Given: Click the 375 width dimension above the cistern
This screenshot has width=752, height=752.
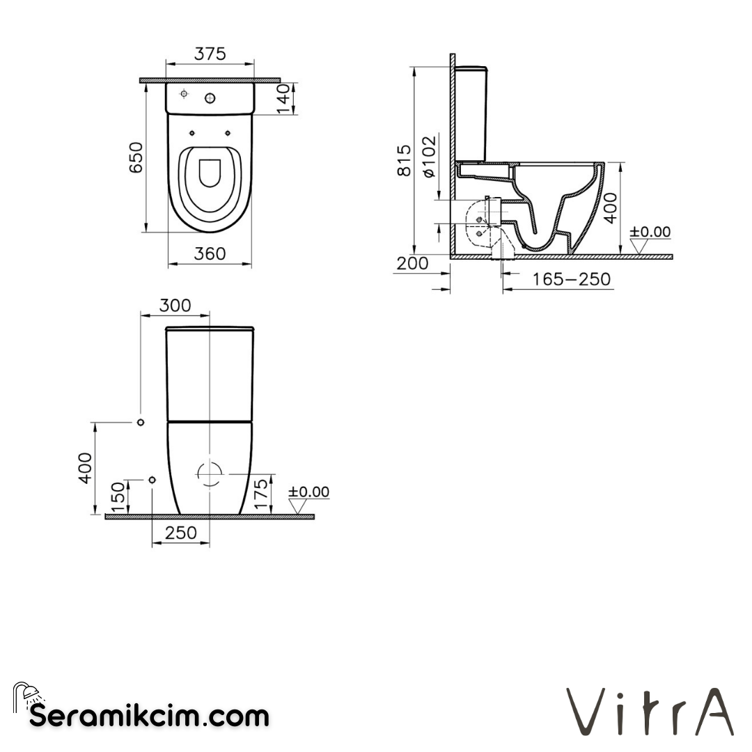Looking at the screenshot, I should point(210,54).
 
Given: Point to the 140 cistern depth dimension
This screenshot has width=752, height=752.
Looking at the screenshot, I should point(282,98).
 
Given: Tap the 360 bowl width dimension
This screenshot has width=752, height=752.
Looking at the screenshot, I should point(210,254).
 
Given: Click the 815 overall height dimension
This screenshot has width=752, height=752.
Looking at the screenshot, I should point(405,160).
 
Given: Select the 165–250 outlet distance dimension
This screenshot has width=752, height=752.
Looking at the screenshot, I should point(571,280).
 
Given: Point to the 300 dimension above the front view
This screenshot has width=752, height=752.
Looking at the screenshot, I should point(175,306).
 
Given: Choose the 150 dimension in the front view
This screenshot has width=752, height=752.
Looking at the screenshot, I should point(118,496).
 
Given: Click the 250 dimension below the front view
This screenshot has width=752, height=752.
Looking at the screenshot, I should point(180,533).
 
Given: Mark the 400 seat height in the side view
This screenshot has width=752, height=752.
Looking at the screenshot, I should point(610,207).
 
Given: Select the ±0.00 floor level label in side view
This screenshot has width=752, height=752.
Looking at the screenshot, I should point(650,232).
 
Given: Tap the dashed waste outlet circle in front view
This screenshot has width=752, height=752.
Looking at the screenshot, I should point(210,473).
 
